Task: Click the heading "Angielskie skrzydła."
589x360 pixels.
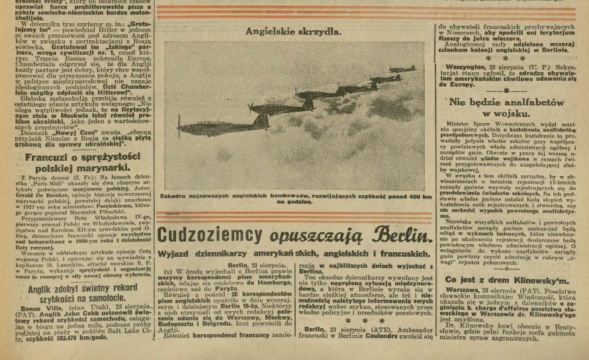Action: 294,30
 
